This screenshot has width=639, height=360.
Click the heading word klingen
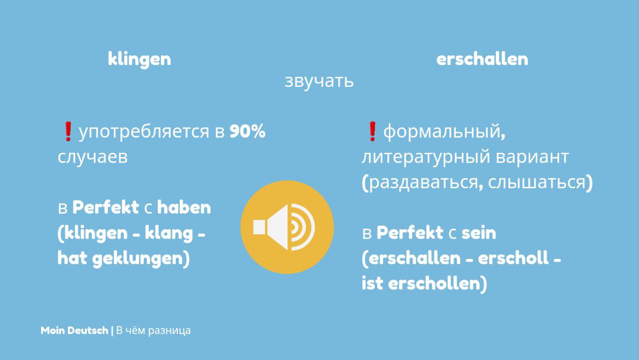point(139,59)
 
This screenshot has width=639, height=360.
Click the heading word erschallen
point(482,59)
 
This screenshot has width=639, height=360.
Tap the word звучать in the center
point(319,81)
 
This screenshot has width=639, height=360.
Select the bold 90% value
point(248,131)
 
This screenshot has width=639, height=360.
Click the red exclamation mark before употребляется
point(68,131)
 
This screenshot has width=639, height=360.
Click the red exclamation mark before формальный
point(372,131)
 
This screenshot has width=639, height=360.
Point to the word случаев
point(93,157)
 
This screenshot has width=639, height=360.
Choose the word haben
point(184,207)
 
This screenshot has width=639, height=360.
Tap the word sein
point(479,233)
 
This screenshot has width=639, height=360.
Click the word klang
point(169,234)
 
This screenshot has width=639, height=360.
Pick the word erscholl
point(513,258)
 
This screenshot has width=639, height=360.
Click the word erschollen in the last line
point(434,284)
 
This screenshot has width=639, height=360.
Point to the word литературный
point(426,157)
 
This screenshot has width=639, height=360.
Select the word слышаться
point(536,183)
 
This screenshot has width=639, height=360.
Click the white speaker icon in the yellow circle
point(284,227)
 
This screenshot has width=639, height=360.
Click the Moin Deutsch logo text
point(74,331)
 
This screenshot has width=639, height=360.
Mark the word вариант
point(532,157)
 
